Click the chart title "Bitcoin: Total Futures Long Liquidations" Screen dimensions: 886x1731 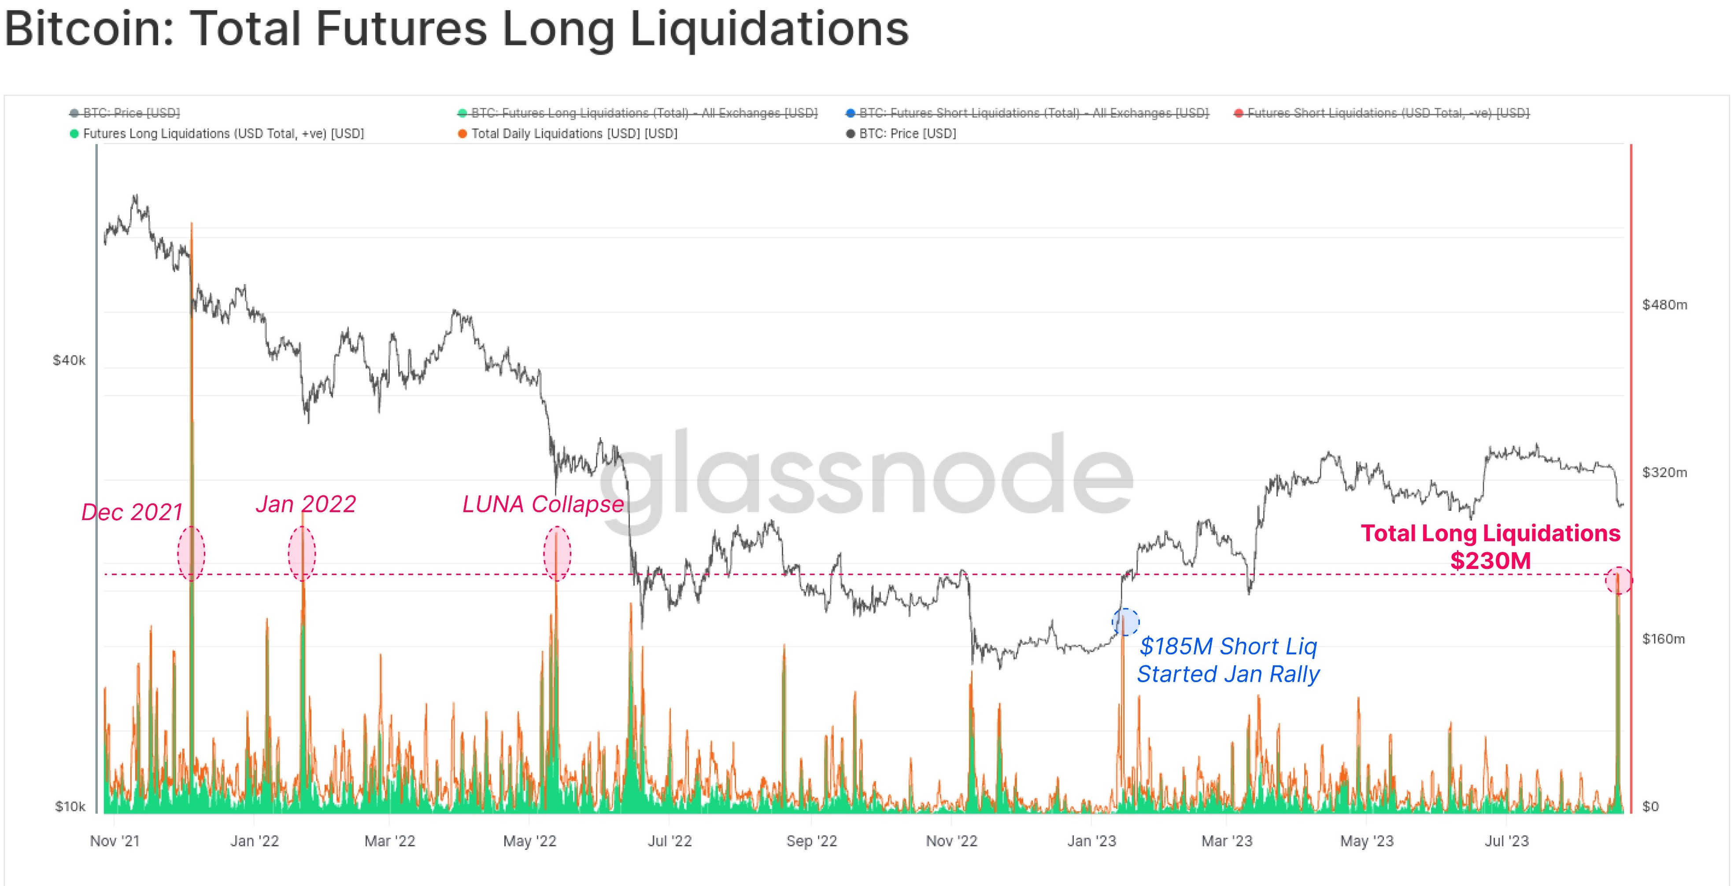point(456,30)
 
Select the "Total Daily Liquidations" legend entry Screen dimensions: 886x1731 point(574,134)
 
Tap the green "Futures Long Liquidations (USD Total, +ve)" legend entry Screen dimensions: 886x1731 point(223,134)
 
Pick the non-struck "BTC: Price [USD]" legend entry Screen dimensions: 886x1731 point(907,134)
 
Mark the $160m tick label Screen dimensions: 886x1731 point(1663,639)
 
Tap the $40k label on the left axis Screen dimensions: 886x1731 point(69,361)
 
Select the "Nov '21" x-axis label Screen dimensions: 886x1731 point(115,841)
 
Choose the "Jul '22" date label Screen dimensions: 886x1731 point(669,841)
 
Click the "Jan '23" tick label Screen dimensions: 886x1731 point(1091,841)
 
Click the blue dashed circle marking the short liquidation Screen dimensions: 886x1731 point(1125,622)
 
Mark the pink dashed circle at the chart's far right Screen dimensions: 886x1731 point(1619,580)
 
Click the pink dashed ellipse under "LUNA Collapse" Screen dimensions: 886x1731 point(557,554)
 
